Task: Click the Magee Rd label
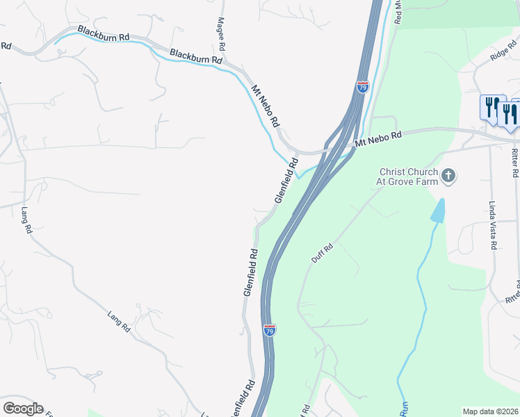[222, 33]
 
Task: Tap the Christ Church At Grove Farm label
[408, 177]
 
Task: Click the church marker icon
[448, 175]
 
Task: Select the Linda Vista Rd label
[492, 226]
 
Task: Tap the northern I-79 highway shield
[362, 87]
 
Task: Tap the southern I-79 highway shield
[269, 329]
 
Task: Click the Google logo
[22, 409]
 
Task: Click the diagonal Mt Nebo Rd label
[266, 105]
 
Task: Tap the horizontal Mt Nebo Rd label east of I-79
[379, 138]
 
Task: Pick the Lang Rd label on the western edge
[27, 220]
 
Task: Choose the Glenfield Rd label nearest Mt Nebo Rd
[286, 180]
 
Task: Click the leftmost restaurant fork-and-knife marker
[490, 107]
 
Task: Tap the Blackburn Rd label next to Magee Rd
[195, 57]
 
